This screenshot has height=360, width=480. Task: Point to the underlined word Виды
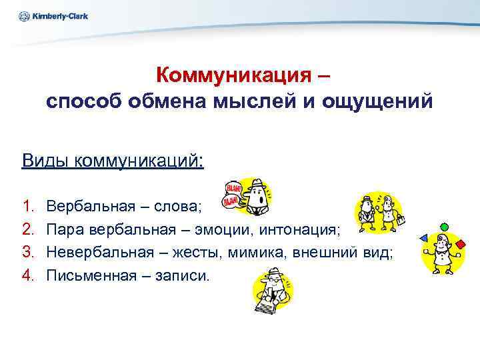(x=45, y=161)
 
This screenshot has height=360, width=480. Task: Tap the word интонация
(x=301, y=231)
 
